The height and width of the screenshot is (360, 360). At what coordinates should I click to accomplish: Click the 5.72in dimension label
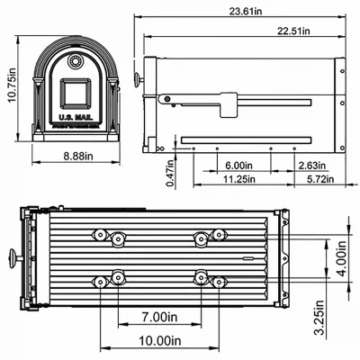[x=314, y=180]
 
